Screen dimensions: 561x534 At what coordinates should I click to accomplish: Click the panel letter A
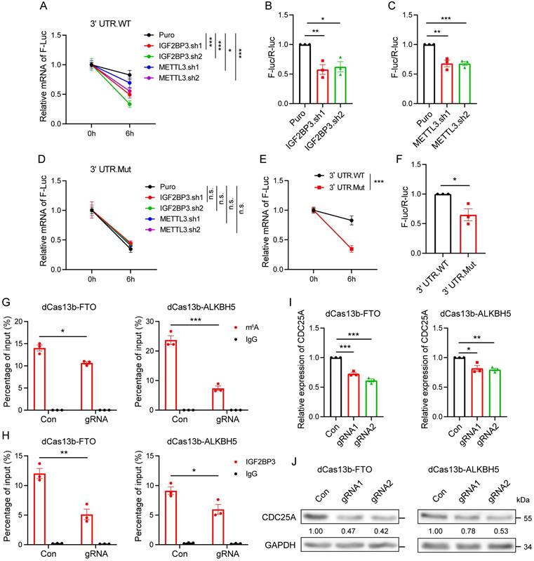click(44, 8)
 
